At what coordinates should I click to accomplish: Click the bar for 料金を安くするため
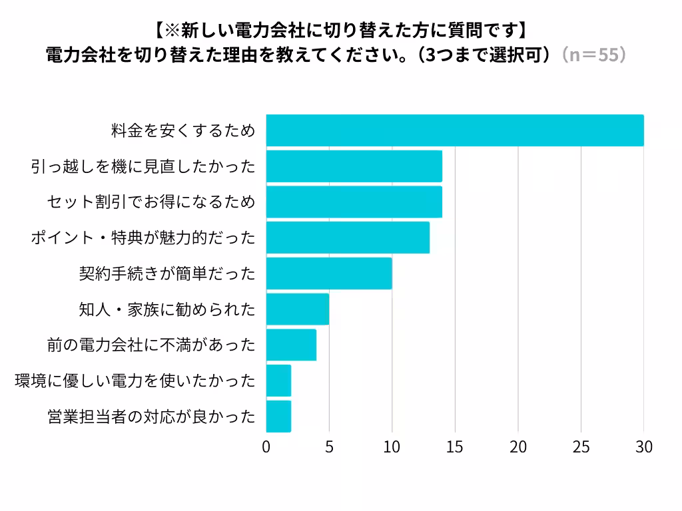pyautogui.click(x=455, y=130)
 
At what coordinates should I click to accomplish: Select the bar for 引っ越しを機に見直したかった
pyautogui.click(x=354, y=166)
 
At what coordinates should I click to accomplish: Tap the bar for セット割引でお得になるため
pyautogui.click(x=354, y=202)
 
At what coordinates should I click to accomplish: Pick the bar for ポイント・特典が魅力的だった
pyautogui.click(x=348, y=238)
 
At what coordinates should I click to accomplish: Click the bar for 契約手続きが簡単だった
pyautogui.click(x=329, y=273)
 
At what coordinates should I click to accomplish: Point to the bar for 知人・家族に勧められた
pyautogui.click(x=298, y=309)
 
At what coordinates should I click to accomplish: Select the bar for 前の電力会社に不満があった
pyautogui.click(x=291, y=345)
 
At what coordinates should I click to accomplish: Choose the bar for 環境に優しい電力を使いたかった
pyautogui.click(x=278, y=381)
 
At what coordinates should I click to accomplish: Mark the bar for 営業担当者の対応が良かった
pyautogui.click(x=278, y=417)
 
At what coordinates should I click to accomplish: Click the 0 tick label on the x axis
pyautogui.click(x=266, y=446)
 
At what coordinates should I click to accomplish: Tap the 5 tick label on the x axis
pyautogui.click(x=329, y=446)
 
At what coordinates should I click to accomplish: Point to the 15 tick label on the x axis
pyautogui.click(x=455, y=446)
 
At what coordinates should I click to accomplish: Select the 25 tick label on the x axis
pyautogui.click(x=581, y=446)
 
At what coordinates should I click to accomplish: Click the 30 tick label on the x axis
pyautogui.click(x=643, y=446)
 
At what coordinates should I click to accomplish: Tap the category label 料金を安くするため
pyautogui.click(x=182, y=131)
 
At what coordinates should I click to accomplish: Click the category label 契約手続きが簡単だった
pyautogui.click(x=167, y=273)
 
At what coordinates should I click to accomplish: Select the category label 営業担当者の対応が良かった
pyautogui.click(x=151, y=417)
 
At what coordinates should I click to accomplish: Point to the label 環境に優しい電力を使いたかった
pyautogui.click(x=135, y=381)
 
